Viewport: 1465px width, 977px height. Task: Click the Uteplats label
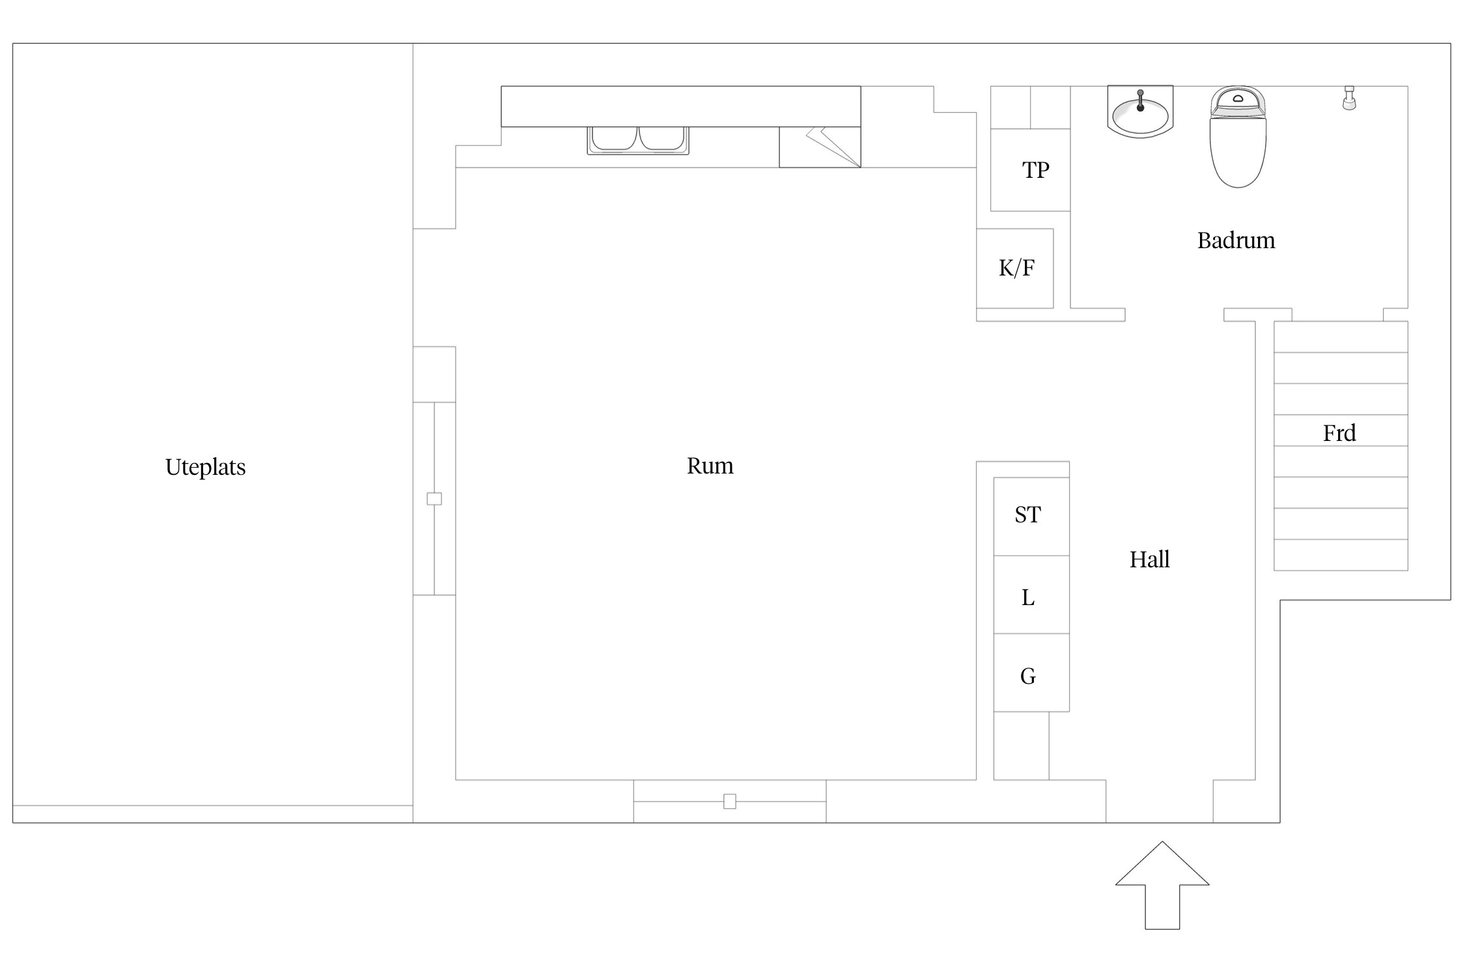click(205, 468)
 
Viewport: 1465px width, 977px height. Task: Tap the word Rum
click(710, 466)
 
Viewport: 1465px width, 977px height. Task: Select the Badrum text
click(1236, 240)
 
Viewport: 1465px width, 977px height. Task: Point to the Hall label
click(1149, 559)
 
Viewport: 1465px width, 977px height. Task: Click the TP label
click(1035, 170)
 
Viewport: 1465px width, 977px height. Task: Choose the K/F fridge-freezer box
click(1015, 268)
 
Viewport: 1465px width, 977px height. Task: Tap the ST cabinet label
click(1027, 515)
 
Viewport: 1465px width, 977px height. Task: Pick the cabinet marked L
click(1031, 595)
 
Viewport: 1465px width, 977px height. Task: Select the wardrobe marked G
click(1031, 672)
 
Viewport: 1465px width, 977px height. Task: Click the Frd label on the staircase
click(1339, 433)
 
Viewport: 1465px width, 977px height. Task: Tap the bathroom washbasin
click(1140, 111)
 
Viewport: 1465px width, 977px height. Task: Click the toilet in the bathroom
click(1238, 137)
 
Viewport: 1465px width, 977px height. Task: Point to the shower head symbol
click(1349, 98)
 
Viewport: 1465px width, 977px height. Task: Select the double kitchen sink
click(638, 140)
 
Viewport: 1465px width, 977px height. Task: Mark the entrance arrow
click(1162, 885)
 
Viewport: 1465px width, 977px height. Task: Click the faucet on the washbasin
click(1140, 100)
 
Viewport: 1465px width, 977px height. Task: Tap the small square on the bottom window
click(730, 801)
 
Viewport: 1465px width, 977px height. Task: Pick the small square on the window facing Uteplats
click(434, 499)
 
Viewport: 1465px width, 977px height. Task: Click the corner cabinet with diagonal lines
click(820, 147)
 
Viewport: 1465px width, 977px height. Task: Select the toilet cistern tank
click(1238, 102)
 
